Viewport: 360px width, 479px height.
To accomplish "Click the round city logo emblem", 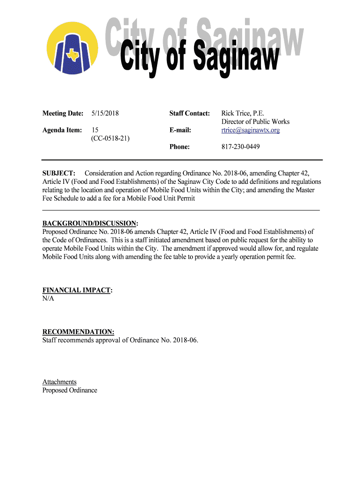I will (x=72, y=49).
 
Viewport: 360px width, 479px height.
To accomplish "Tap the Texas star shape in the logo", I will (x=73, y=55).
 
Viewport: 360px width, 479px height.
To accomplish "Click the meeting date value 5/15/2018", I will (x=105, y=113).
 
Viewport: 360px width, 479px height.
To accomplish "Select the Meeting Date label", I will (x=63, y=113).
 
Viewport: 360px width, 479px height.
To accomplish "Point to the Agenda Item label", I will (x=62, y=130).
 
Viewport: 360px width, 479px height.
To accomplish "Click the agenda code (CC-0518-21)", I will (x=111, y=138).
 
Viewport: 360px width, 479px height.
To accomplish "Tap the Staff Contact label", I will (x=189, y=113).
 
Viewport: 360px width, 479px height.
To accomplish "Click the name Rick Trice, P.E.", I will (x=243, y=113).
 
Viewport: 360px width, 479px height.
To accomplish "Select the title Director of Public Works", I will (x=255, y=122).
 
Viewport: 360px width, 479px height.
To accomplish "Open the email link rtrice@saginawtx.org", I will (x=250, y=130).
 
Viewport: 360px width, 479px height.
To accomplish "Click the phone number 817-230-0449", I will (x=240, y=147).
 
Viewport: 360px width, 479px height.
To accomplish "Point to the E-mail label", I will (x=180, y=130).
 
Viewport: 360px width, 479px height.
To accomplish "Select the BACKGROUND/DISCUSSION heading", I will (x=90, y=223).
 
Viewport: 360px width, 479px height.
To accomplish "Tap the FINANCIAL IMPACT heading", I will (x=77, y=290).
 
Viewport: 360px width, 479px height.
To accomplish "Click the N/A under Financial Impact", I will (x=48, y=298).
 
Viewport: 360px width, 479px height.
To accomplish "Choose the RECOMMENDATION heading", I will (x=78, y=332).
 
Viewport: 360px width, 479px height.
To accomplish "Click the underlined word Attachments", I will (x=59, y=382).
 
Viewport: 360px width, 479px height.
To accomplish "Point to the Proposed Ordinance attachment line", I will (x=70, y=390).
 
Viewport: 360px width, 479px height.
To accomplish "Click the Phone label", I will (x=180, y=147).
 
